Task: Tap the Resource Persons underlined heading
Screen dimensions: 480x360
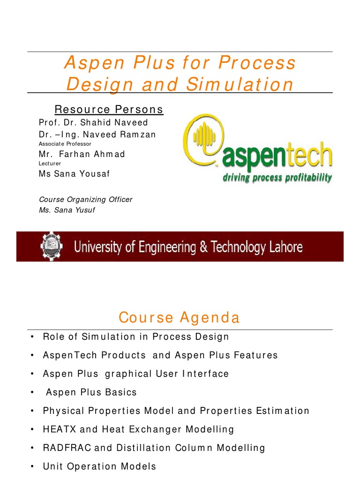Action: pos(109,110)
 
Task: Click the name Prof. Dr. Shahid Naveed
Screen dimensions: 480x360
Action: pos(93,123)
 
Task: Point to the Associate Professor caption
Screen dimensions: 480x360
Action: pos(65,144)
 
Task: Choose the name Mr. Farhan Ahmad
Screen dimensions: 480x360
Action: pos(82,154)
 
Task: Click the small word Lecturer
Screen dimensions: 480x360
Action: pos(50,164)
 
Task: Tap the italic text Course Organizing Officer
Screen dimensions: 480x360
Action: pos(85,200)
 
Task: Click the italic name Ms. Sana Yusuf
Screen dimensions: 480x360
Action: pos(67,210)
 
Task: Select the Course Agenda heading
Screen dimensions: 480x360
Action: pos(179,318)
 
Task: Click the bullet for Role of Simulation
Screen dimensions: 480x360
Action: pos(31,337)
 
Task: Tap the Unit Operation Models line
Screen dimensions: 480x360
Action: pos(99,467)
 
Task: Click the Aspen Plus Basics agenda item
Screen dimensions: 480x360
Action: pos(91,392)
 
